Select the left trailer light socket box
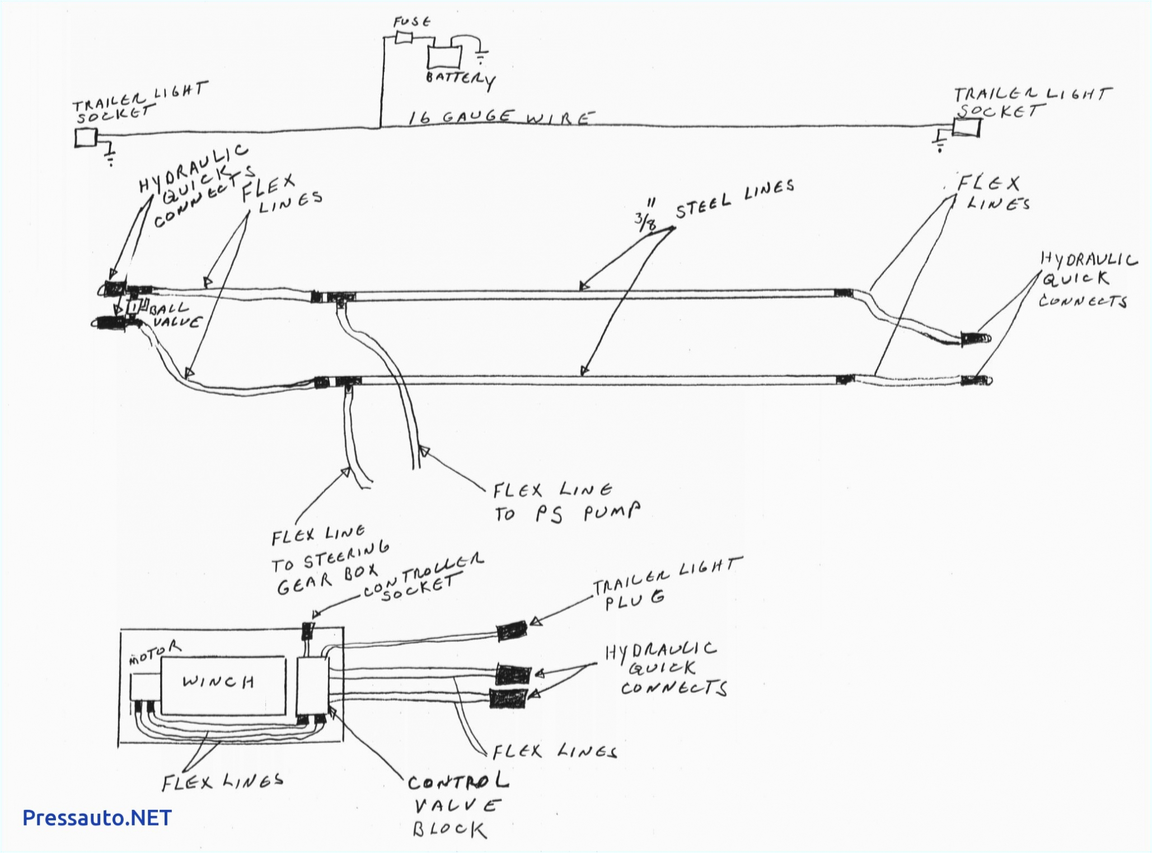(86, 138)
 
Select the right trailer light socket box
(967, 128)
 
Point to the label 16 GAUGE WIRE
(499, 117)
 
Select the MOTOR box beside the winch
(146, 687)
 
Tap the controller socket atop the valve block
(308, 631)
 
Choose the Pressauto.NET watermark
(97, 818)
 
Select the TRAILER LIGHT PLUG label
(666, 582)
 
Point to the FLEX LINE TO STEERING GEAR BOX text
(330, 561)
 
